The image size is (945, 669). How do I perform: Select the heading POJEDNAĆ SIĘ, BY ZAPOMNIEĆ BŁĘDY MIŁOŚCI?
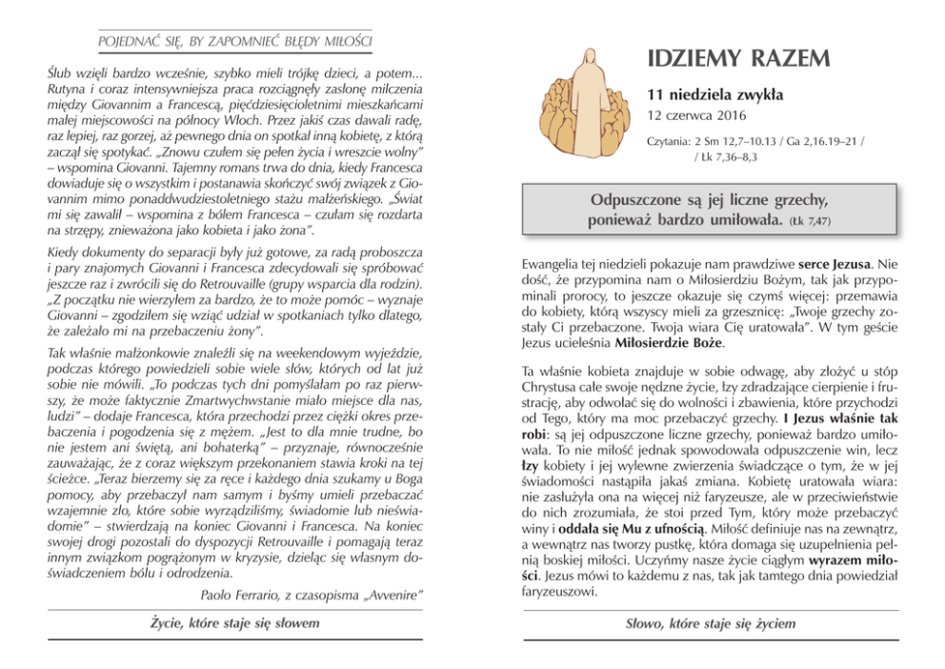click(234, 42)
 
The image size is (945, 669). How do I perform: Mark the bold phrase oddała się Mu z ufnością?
click(627, 527)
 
